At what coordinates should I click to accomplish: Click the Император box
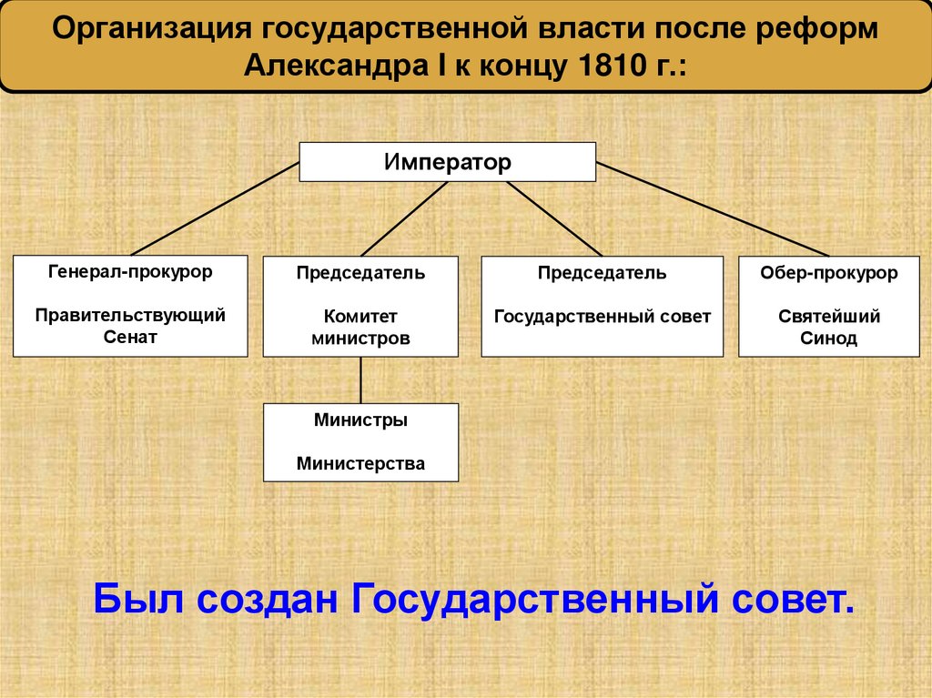[x=448, y=162]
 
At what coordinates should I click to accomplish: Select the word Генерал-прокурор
[x=130, y=271]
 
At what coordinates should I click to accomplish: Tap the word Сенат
[x=130, y=337]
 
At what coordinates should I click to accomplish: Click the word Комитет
[x=360, y=317]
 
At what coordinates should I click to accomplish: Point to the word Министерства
[x=360, y=464]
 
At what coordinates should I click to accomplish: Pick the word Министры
[x=360, y=421]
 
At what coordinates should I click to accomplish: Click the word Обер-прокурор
[x=828, y=273]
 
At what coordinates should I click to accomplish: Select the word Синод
[x=828, y=339]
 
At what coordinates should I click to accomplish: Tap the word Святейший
[x=828, y=317]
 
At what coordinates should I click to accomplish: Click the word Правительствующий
[x=130, y=315]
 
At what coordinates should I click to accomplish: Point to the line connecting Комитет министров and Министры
[x=361, y=379]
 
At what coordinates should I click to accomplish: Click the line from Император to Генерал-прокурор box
[x=216, y=209]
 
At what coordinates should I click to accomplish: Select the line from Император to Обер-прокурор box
[x=713, y=210]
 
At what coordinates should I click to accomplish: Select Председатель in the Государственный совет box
[x=602, y=273]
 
